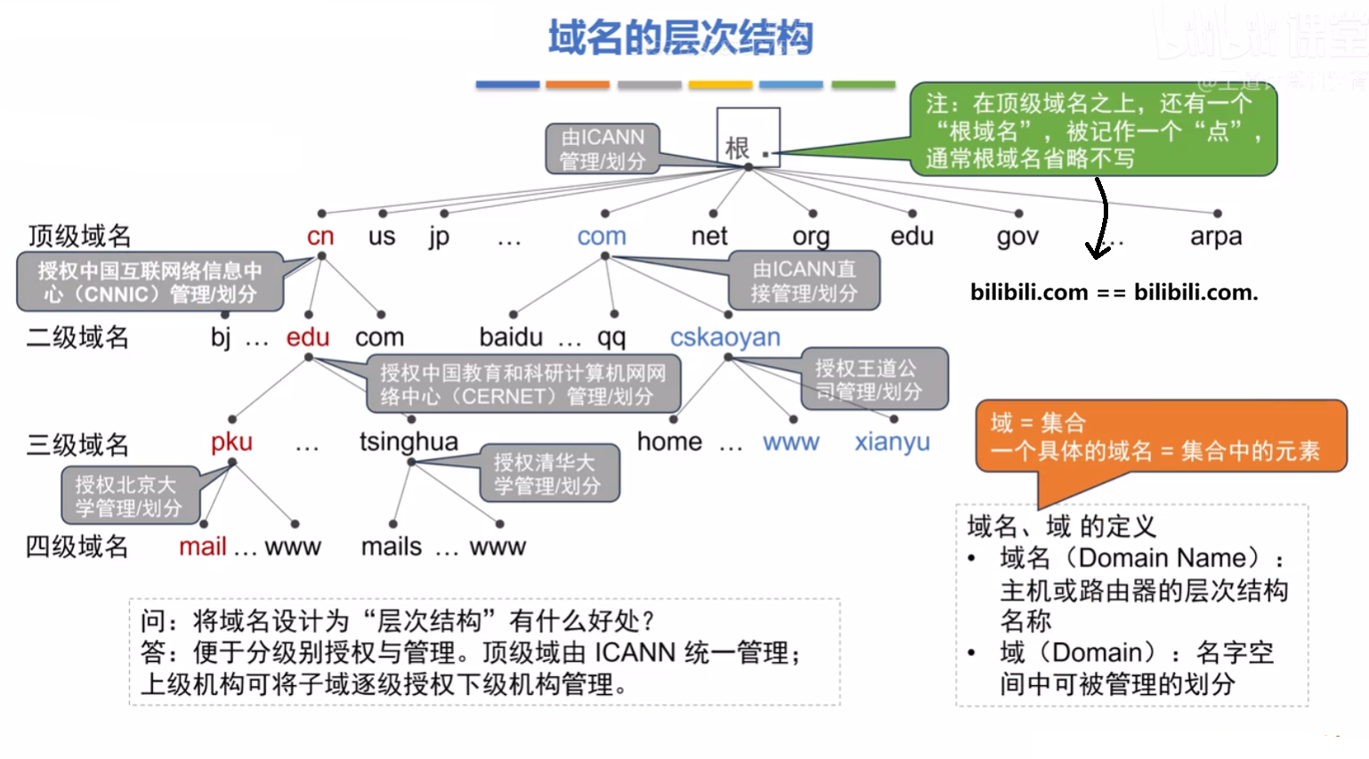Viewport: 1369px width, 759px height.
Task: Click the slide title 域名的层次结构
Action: coord(680,38)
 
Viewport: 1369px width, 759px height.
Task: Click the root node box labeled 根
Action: coord(748,138)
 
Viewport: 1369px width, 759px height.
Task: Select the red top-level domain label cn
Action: coord(320,237)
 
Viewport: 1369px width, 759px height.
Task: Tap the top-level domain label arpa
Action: coord(1215,237)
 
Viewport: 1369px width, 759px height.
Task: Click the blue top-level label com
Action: coord(602,237)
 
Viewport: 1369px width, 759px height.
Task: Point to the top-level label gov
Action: coord(1017,237)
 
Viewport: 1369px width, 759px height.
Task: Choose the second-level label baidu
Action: coord(511,337)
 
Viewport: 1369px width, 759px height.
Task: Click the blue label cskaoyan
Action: coord(725,337)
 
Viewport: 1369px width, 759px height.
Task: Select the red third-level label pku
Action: coord(231,442)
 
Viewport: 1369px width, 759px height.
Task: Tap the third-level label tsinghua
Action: coord(409,442)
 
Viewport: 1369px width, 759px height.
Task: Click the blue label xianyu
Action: coord(892,442)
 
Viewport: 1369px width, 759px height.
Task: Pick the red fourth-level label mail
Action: coord(203,546)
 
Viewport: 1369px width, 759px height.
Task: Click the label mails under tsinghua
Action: coord(392,546)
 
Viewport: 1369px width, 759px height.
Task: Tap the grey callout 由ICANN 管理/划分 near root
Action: coord(602,149)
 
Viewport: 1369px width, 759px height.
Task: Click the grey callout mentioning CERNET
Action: coord(523,384)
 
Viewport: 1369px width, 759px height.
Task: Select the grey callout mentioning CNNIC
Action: coord(150,282)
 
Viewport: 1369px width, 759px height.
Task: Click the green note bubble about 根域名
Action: coord(1093,131)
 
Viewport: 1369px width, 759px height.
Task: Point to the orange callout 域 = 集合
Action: coord(1160,436)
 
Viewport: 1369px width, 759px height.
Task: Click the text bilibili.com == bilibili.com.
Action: coord(1114,292)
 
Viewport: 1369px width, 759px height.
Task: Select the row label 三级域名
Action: coord(77,444)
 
